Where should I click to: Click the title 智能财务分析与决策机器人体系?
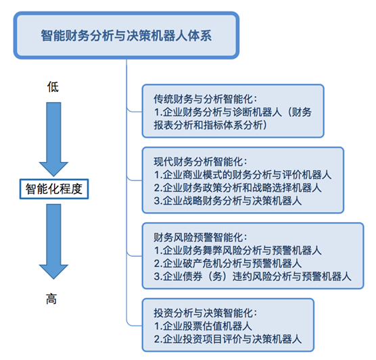126,36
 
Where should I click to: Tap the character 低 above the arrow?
53,86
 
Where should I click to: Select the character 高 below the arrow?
51,299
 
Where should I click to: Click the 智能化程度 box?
54,188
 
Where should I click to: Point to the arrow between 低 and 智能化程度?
53,139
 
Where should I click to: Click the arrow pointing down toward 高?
53,241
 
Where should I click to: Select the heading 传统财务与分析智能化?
206,99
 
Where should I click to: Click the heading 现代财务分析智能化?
200,161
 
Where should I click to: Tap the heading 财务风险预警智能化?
200,237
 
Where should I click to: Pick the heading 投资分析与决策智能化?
206,313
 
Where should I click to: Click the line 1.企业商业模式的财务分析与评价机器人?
243,175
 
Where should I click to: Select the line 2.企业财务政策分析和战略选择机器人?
237,188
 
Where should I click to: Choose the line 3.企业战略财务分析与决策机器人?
228,201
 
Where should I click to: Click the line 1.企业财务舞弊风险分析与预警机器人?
237,251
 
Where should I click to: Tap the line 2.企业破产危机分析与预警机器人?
228,263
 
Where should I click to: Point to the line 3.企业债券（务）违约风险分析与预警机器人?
252,276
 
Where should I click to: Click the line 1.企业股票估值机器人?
203,326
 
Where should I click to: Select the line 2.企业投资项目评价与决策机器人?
228,338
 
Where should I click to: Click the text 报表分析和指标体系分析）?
210,125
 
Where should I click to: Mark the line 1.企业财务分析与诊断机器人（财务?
233,112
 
